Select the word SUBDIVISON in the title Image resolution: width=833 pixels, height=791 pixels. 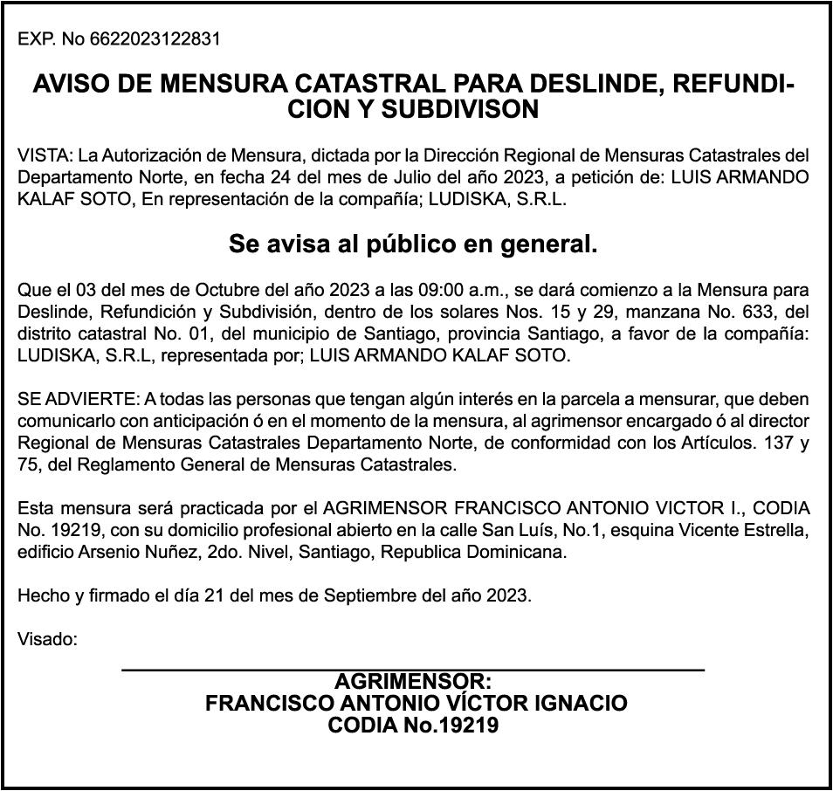[x=465, y=110]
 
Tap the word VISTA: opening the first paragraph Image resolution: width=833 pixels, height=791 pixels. [x=45, y=156]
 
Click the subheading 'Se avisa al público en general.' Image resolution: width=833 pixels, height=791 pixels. [x=413, y=244]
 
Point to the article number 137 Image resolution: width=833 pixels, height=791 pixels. [x=771, y=444]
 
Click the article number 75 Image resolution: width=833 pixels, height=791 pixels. [x=27, y=464]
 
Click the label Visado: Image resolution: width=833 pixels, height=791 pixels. [x=47, y=639]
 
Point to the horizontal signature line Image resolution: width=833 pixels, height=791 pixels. [x=413, y=670]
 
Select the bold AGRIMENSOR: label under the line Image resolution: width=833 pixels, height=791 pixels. [x=413, y=682]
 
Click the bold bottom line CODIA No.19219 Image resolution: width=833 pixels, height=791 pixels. [x=413, y=725]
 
